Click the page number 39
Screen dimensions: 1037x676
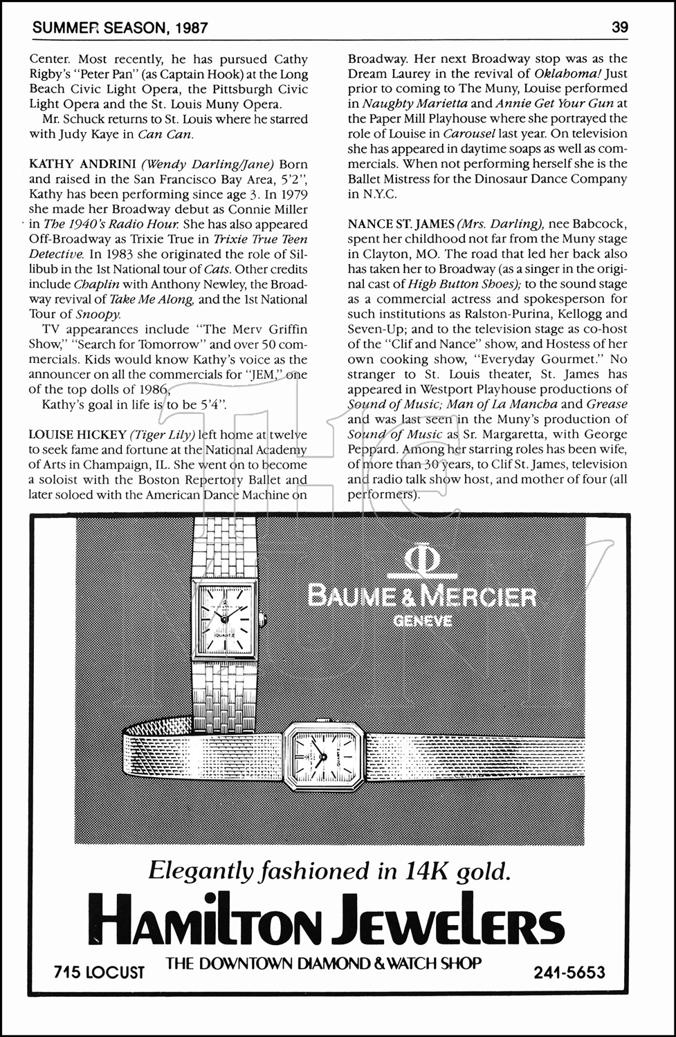pyautogui.click(x=619, y=28)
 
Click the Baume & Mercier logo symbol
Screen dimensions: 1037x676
pyautogui.click(x=421, y=561)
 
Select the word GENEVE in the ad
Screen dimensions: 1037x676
pyautogui.click(x=422, y=620)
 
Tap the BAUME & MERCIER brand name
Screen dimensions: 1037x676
pyautogui.click(x=422, y=597)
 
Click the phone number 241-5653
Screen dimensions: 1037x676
pyautogui.click(x=569, y=973)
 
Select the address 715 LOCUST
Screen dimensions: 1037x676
pyautogui.click(x=100, y=973)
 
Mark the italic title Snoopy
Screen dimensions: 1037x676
pyautogui.click(x=91, y=315)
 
